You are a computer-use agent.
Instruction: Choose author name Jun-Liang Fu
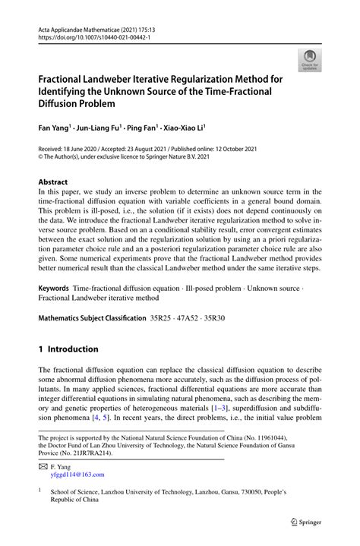pos(99,128)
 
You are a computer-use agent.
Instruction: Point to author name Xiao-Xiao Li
pos(184,128)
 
